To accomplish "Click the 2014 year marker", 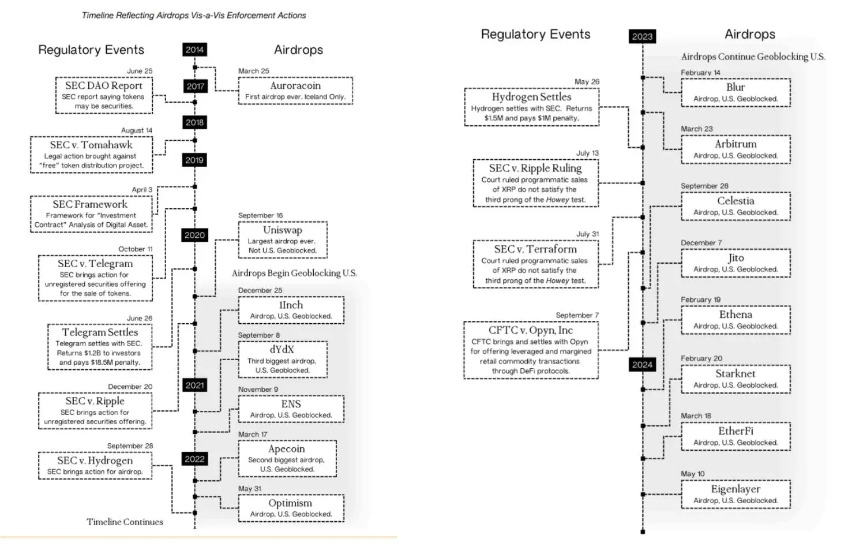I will pos(194,50).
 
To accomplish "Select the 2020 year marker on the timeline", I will pos(194,235).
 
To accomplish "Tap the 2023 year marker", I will pos(642,36).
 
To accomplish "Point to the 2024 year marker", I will pos(642,365).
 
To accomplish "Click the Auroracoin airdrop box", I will pos(295,91).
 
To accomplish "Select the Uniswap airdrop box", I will pos(283,239).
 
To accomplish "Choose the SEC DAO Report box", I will pos(104,95).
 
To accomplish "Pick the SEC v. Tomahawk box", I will pos(91,155).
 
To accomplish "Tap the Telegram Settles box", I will pos(100,347).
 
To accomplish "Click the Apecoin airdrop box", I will pos(287,458).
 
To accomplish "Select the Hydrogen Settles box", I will pos(531,107).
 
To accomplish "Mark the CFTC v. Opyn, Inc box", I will pos(531,350).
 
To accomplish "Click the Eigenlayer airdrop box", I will pos(736,494).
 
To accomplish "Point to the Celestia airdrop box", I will pos(736,206).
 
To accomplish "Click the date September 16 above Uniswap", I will pos(260,215).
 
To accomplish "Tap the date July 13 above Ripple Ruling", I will pos(587,153).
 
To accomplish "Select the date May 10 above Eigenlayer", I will pos(692,474).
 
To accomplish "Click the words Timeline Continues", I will pos(125,522).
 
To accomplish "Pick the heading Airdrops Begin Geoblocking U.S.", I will pos(294,273).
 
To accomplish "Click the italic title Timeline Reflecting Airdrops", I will pos(194,16).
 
